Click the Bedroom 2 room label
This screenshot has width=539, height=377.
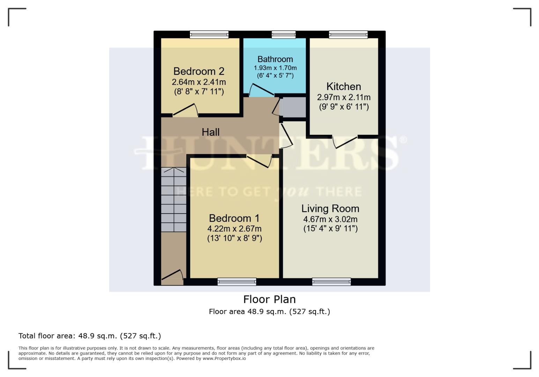[199, 71]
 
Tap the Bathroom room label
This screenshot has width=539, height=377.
[275, 59]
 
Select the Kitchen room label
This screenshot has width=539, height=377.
[344, 87]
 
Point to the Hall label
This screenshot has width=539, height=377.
[211, 132]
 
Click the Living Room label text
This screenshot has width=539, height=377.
[330, 208]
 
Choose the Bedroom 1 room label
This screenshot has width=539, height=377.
[234, 218]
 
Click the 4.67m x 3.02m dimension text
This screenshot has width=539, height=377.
[330, 219]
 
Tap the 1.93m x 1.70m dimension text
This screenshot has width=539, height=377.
[275, 68]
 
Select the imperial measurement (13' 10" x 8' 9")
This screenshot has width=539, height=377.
[234, 238]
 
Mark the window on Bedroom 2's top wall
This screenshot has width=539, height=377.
[209, 35]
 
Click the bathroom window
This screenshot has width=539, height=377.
[283, 35]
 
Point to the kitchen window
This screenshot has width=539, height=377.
[348, 35]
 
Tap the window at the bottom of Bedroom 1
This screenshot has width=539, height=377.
[237, 281]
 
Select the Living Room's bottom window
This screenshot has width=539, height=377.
[331, 281]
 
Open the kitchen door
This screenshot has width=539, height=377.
[345, 142]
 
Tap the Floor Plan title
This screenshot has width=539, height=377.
[269, 299]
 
